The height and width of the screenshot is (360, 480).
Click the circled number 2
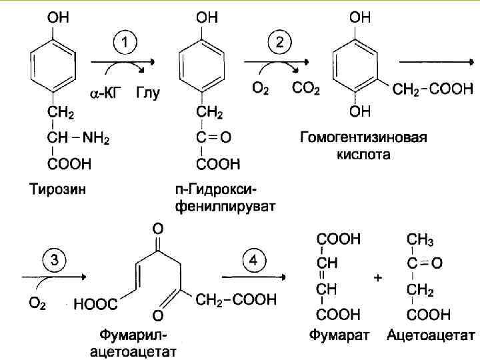pos(280,45)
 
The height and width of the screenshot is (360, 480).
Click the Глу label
pos(148,92)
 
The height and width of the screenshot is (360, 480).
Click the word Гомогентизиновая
pos(363,139)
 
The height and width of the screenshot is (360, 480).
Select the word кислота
pos(363,155)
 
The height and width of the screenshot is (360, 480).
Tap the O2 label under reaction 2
pos(261,88)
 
